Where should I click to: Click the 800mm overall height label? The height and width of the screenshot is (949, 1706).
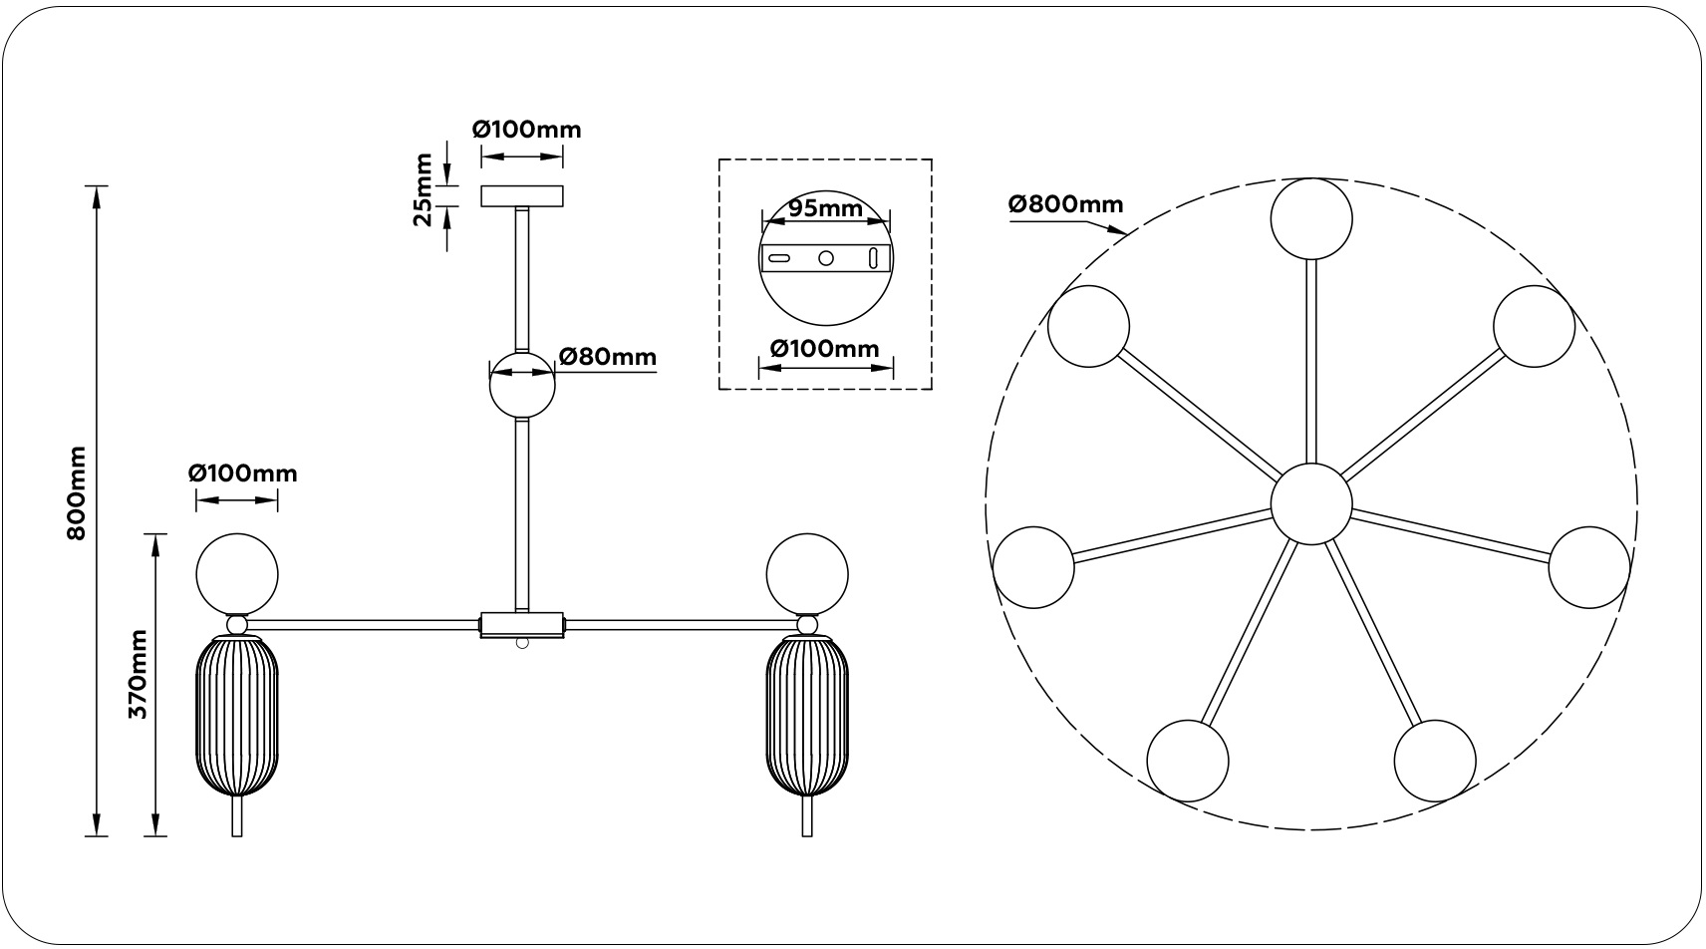76,493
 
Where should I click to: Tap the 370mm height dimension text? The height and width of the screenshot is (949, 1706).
138,674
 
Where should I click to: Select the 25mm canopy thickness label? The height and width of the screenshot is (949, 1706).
422,189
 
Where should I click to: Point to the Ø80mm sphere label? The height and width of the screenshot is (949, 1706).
608,357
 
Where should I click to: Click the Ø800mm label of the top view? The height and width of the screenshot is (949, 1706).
1065,204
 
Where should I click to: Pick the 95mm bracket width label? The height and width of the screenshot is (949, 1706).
825,208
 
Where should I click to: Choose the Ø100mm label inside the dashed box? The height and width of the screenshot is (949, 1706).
825,349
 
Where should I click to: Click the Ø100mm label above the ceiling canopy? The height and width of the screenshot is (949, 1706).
526,130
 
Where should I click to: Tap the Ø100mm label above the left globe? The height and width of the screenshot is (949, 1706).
243,474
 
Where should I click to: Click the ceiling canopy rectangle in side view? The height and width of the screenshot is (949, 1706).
522,196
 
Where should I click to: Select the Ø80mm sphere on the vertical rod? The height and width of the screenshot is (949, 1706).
522,385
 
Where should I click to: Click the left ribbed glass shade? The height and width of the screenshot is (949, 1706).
237,717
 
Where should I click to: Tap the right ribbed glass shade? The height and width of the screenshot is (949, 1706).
806,717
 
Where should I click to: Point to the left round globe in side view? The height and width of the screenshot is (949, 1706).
237,574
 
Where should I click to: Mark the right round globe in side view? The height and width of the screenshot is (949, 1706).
806,574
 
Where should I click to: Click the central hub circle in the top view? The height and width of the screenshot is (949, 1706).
1310,504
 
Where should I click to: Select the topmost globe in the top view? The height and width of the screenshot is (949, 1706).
1310,218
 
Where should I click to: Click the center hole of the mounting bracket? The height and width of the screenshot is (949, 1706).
825,258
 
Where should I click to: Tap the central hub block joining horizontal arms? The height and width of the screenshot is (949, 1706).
522,625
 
